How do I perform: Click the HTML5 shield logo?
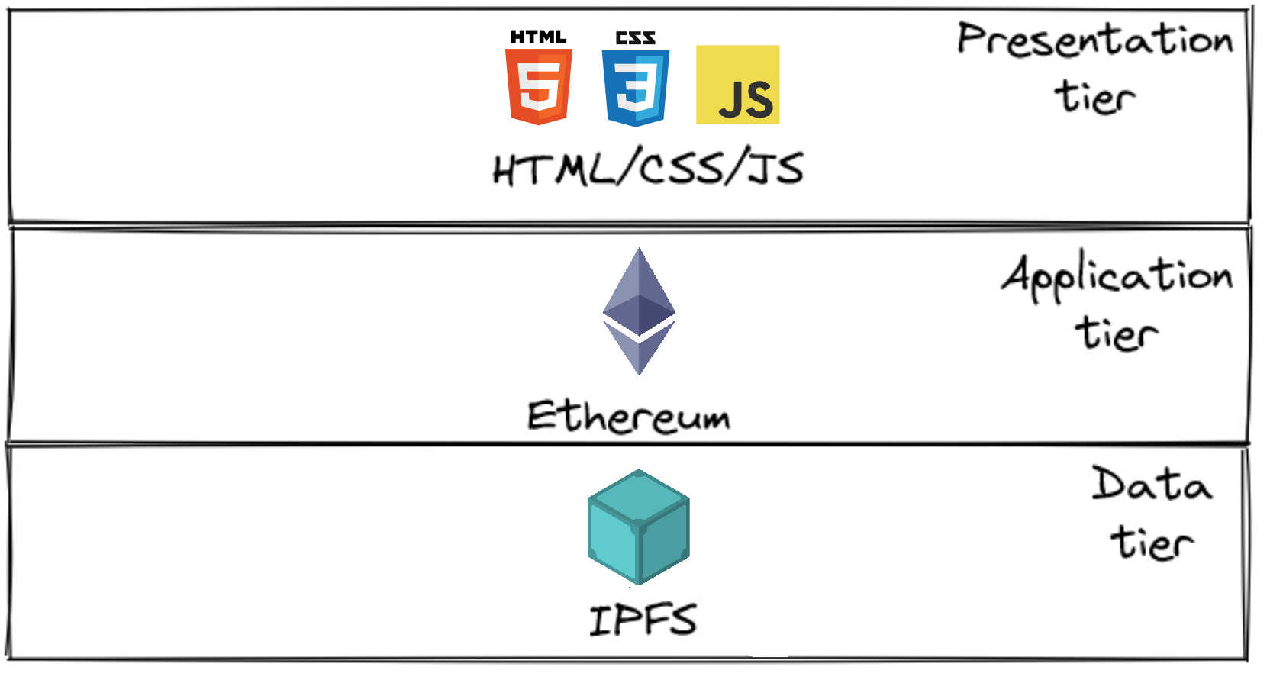tap(539, 85)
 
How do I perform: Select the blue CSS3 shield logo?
tap(636, 87)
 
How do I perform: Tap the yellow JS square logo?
tap(737, 85)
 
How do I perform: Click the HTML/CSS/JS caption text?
tap(648, 168)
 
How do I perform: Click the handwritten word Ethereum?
tap(628, 417)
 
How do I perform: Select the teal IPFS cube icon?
tap(639, 527)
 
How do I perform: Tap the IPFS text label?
tap(643, 620)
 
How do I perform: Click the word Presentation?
tap(1095, 40)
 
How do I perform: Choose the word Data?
tap(1151, 485)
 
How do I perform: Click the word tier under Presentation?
tap(1095, 98)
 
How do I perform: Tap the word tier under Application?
tap(1117, 334)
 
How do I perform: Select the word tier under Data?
tap(1151, 543)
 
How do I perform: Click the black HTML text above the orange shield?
tap(539, 37)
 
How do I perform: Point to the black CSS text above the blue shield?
tap(636, 38)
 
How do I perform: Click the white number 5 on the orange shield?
tap(540, 85)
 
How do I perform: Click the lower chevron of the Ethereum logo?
tap(639, 350)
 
